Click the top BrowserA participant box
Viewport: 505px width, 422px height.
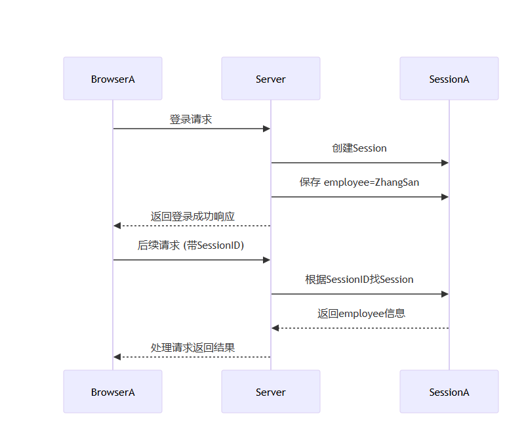tap(113, 79)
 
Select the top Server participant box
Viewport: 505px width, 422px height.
tap(270, 79)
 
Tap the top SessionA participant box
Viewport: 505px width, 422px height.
tap(449, 79)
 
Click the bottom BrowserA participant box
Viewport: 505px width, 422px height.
tap(113, 392)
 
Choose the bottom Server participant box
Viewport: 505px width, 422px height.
tap(270, 392)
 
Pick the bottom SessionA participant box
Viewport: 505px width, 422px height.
tap(449, 392)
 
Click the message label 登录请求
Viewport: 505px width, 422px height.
tap(191, 119)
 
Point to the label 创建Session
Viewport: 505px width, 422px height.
tap(359, 148)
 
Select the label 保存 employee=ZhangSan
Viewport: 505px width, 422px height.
tap(359, 182)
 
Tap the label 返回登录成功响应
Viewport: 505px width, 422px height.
tap(193, 217)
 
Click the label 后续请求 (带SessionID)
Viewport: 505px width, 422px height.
tap(191, 245)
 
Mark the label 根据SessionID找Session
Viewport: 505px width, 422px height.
tap(359, 280)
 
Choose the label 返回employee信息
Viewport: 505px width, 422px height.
tap(361, 314)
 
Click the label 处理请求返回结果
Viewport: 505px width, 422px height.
tap(193, 348)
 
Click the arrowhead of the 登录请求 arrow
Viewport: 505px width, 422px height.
tap(266, 129)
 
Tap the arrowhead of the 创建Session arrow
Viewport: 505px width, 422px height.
tap(445, 163)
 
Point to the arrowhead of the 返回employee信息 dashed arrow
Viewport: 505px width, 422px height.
tap(275, 328)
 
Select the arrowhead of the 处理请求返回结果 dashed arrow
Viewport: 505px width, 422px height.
tap(117, 357)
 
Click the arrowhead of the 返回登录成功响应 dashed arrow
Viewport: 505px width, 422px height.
tap(117, 226)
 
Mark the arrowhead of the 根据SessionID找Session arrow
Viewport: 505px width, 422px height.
tap(445, 294)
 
